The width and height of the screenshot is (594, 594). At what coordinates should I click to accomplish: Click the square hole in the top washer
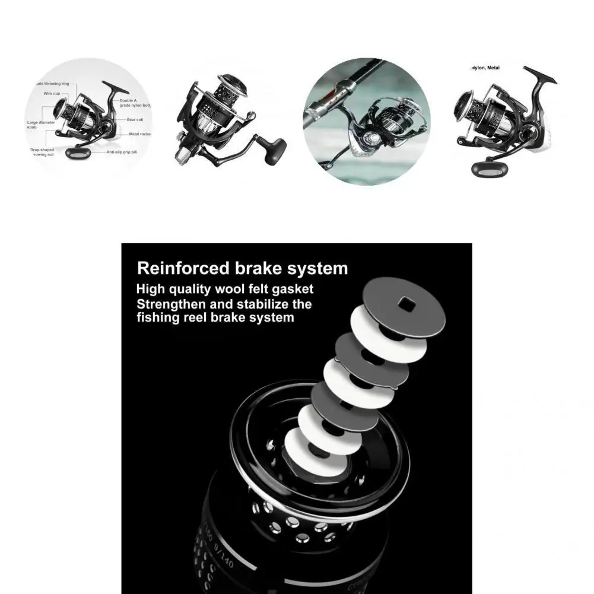pyautogui.click(x=407, y=304)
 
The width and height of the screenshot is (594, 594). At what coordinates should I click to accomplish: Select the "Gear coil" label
pyautogui.click(x=135, y=119)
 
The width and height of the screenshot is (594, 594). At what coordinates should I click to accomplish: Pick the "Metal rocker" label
pyautogui.click(x=141, y=134)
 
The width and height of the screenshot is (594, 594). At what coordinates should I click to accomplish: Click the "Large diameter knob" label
pyautogui.click(x=41, y=125)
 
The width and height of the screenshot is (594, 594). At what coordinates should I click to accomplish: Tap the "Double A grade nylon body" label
pyautogui.click(x=135, y=103)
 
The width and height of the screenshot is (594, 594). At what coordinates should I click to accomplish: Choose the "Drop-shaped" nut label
pyautogui.click(x=43, y=153)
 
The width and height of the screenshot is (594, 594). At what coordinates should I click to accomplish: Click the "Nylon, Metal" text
pyautogui.click(x=485, y=68)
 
